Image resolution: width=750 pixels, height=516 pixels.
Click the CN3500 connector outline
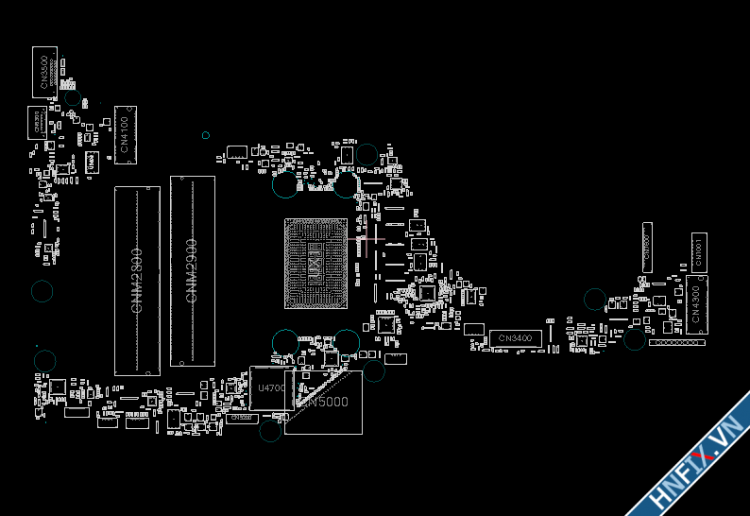(44, 71)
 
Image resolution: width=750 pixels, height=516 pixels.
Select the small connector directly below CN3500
(37, 123)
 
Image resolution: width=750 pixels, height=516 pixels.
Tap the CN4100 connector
(126, 134)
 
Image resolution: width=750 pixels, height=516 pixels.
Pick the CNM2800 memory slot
(137, 280)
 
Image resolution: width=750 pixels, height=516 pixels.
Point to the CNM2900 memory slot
(192, 270)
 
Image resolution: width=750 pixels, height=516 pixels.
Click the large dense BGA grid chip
(316, 264)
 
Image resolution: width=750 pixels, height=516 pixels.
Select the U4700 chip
(270, 388)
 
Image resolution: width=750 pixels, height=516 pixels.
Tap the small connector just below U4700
(241, 417)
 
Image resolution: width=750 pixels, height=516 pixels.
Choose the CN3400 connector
(515, 338)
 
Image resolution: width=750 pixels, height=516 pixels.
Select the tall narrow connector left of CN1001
(647, 247)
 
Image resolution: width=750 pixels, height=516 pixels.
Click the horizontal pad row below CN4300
(676, 342)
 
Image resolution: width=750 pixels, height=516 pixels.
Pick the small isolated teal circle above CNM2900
(205, 135)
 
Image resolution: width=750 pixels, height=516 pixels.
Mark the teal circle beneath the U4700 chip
(270, 431)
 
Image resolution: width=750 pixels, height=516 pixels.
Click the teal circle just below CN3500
(72, 97)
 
